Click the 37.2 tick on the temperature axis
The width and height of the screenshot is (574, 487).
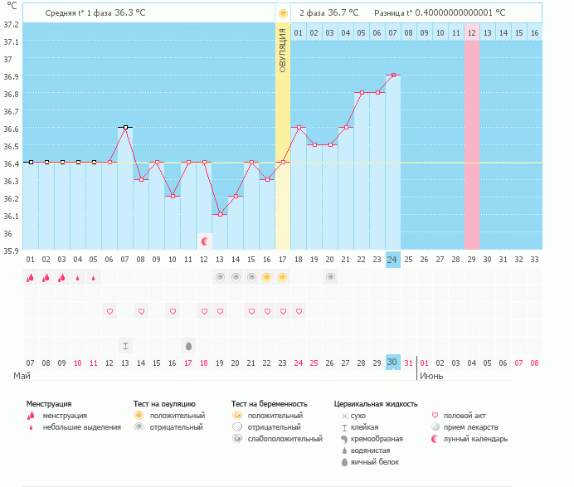coord(11,25)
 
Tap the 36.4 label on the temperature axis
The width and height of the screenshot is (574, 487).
coord(11,163)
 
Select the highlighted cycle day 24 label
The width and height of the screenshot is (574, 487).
coord(392,259)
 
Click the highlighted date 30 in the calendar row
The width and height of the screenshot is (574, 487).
coord(392,363)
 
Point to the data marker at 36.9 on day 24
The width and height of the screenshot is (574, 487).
coord(393,75)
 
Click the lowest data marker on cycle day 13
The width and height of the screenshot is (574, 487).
coord(220,214)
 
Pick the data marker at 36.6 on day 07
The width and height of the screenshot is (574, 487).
coord(125,128)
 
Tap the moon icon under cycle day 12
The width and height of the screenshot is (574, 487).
coord(204,241)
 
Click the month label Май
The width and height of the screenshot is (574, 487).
coord(22,376)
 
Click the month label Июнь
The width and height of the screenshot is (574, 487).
coord(430,376)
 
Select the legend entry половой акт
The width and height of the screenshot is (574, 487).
coord(465,416)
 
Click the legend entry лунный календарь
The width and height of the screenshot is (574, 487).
coord(474,439)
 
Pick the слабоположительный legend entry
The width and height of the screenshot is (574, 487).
coord(285,439)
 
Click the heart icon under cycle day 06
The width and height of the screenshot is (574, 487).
coord(109,311)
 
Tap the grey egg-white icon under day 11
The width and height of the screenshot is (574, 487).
coord(188,345)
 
